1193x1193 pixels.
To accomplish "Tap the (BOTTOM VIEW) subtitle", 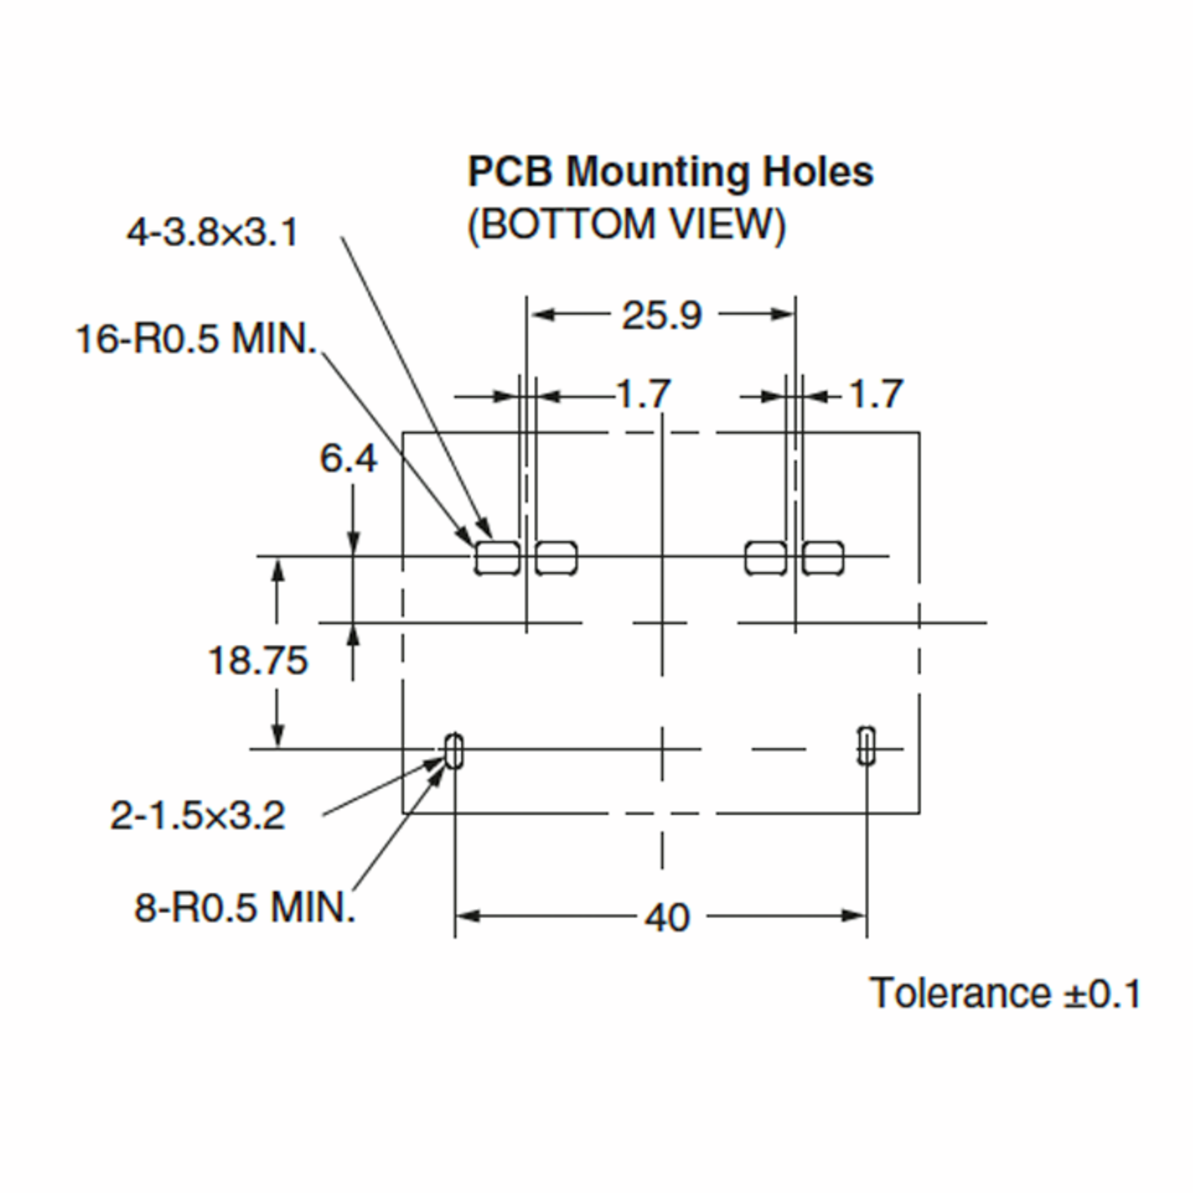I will (x=627, y=225).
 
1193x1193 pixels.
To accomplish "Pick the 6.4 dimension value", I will (x=347, y=459).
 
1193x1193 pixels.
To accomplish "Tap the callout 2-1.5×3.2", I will (x=198, y=816).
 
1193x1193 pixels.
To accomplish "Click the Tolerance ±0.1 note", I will (x=1005, y=994).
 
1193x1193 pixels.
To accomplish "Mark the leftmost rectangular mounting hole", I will (x=497, y=558).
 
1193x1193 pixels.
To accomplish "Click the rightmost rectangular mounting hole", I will (x=823, y=558).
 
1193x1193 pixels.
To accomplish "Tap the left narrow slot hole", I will (x=454, y=752).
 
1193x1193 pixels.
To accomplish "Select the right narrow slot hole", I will (x=866, y=746).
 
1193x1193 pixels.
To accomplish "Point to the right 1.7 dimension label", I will (x=876, y=394).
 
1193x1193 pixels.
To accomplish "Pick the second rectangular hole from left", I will (x=556, y=558).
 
